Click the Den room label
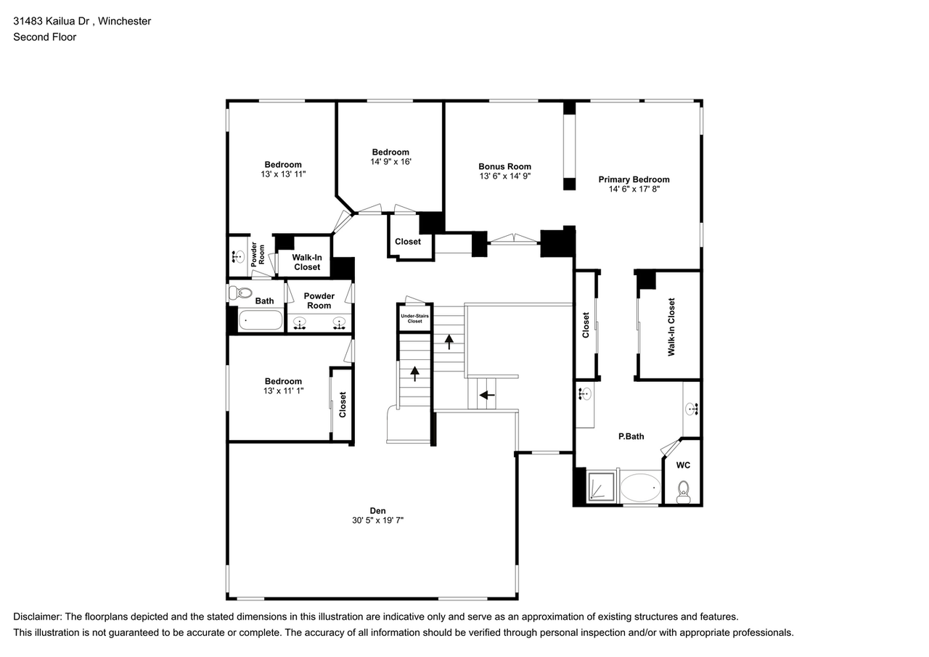click(x=377, y=510)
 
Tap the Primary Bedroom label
click(x=634, y=179)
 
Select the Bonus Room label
click(x=504, y=166)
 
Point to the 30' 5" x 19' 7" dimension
click(x=377, y=520)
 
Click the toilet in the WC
click(x=682, y=491)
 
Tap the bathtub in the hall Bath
click(x=261, y=319)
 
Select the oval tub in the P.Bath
click(x=640, y=488)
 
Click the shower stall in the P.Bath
click(x=601, y=488)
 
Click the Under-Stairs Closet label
click(x=414, y=317)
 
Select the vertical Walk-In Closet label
click(x=671, y=326)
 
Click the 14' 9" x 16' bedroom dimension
click(x=390, y=162)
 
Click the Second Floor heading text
click(x=44, y=36)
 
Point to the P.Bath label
click(x=631, y=436)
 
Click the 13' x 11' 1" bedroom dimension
click(x=283, y=391)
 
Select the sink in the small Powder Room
click(x=238, y=256)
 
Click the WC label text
click(x=683, y=465)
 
